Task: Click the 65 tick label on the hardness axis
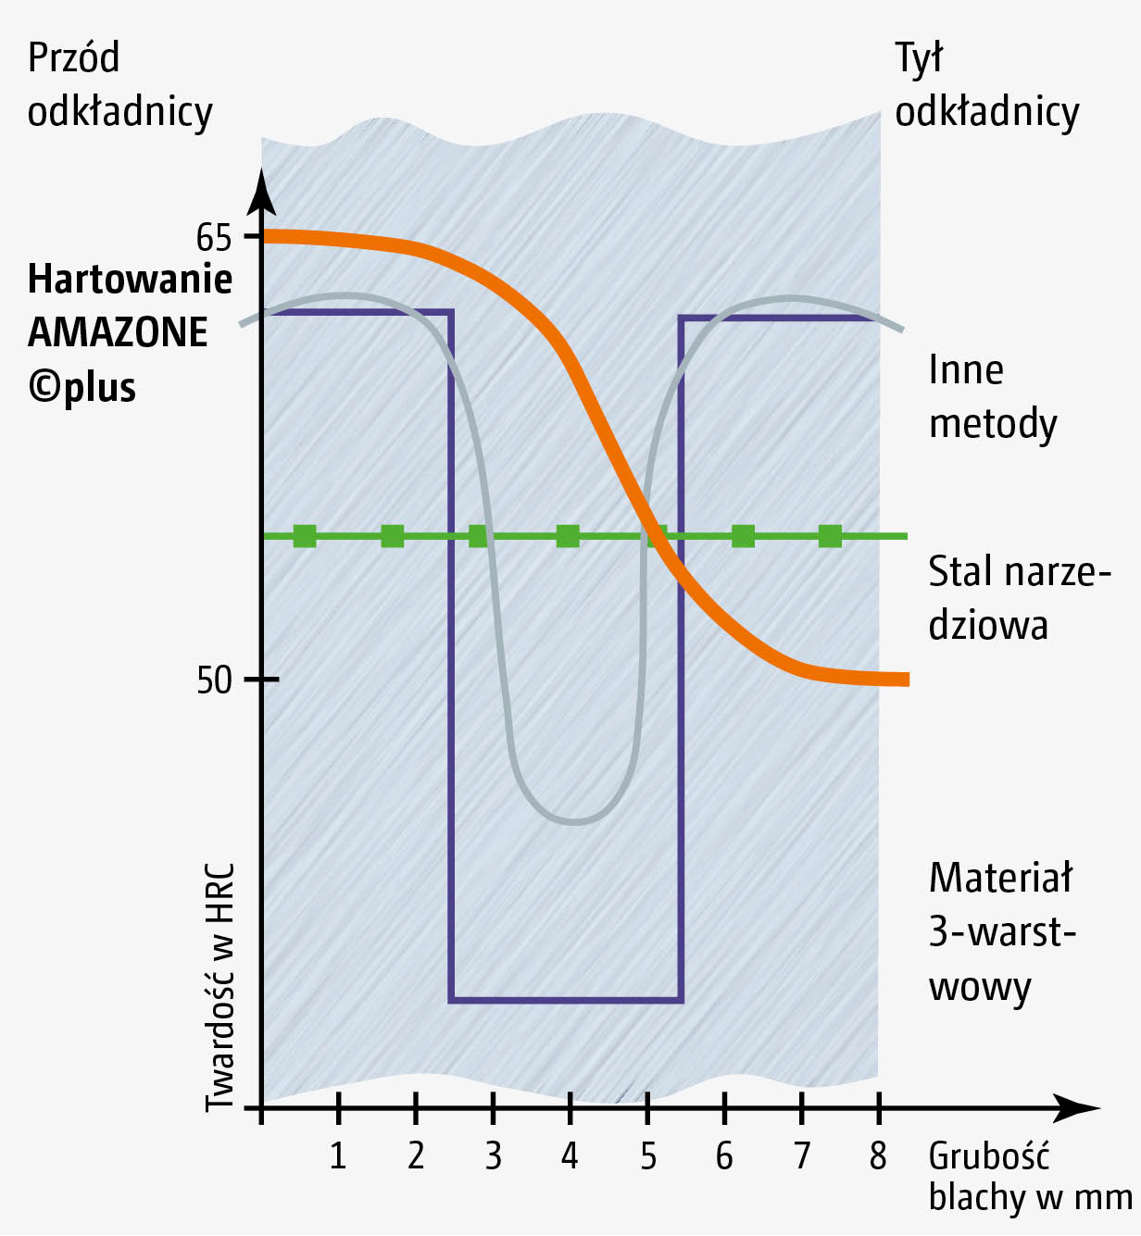pyautogui.click(x=213, y=238)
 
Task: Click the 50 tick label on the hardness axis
pyautogui.click(x=213, y=680)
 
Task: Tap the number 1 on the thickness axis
pyautogui.click(x=338, y=1155)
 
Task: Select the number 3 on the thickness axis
pyautogui.click(x=493, y=1155)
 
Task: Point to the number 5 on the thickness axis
pyautogui.click(x=647, y=1155)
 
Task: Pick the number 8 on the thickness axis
pyautogui.click(x=878, y=1155)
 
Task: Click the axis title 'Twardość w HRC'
pyautogui.click(x=219, y=987)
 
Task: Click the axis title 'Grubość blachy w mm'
pyautogui.click(x=1028, y=1176)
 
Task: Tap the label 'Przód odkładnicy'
pyautogui.click(x=119, y=84)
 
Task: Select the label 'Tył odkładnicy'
pyautogui.click(x=986, y=84)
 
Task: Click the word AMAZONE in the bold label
pyautogui.click(x=118, y=332)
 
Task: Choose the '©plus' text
pyautogui.click(x=82, y=387)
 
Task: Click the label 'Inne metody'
pyautogui.click(x=992, y=396)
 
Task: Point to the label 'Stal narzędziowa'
pyautogui.click(x=1017, y=598)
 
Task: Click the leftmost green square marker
pyautogui.click(x=305, y=536)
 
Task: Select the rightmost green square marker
pyautogui.click(x=830, y=536)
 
